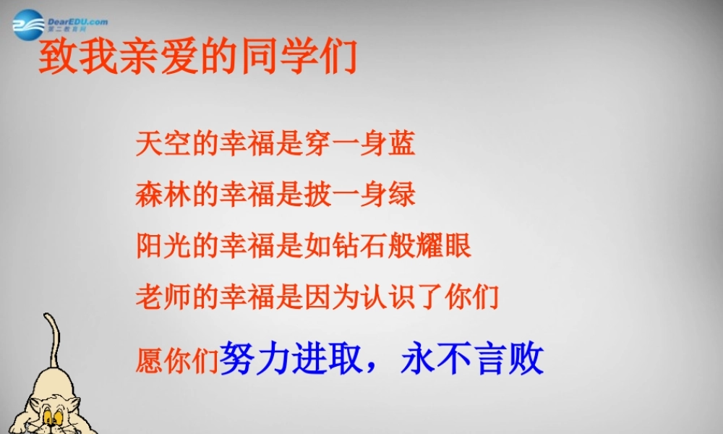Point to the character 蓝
402,144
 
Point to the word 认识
402,297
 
